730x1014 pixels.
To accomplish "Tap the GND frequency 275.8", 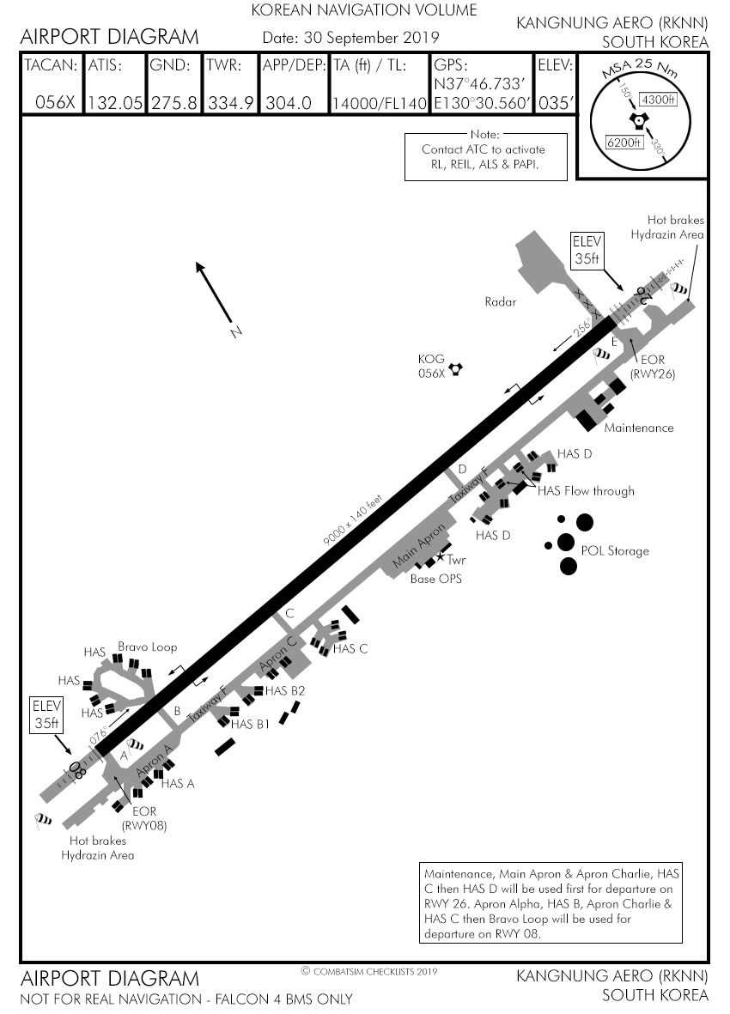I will tap(174, 103).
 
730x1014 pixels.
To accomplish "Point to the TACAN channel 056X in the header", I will tap(55, 103).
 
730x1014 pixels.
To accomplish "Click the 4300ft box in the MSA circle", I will tap(660, 100).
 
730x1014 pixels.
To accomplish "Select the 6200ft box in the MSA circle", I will tap(624, 142).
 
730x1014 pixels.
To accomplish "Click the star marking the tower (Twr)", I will tap(441, 558).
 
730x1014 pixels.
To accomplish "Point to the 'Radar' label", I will tap(500, 302).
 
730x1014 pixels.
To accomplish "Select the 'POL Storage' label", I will tap(615, 550).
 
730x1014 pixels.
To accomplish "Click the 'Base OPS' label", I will tap(438, 579).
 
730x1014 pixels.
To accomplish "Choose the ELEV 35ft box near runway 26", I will tap(589, 248).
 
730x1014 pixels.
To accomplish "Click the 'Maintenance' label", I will tap(638, 428).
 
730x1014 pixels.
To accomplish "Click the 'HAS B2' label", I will tap(285, 690).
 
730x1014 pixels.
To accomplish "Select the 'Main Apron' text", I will tap(419, 546).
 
